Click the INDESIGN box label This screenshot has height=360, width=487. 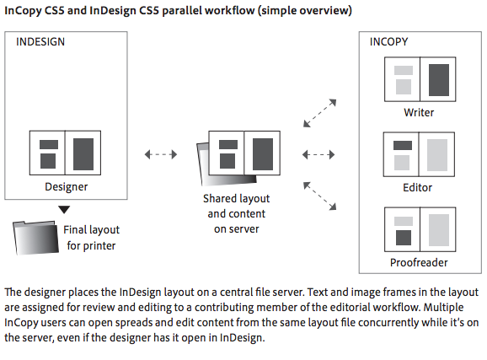[40, 41]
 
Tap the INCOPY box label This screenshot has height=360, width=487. [389, 41]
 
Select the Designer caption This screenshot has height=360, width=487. [67, 187]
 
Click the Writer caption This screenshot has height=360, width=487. [419, 112]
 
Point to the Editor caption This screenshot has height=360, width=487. [417, 187]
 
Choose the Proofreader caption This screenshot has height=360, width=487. [419, 262]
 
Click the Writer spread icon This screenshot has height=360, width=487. [420, 79]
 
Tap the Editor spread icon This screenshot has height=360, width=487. [419, 154]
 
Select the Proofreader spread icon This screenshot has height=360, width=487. [420, 229]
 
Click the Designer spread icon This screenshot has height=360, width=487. [65, 153]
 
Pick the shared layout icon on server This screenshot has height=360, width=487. [238, 158]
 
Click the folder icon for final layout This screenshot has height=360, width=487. [35, 238]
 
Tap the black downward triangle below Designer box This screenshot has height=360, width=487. [64, 210]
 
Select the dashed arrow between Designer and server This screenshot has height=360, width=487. [161, 154]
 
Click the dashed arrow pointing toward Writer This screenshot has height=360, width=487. [320, 113]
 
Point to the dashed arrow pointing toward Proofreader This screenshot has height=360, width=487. [320, 196]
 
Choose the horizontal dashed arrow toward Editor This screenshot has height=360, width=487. [318, 154]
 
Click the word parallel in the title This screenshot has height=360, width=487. [182, 11]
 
